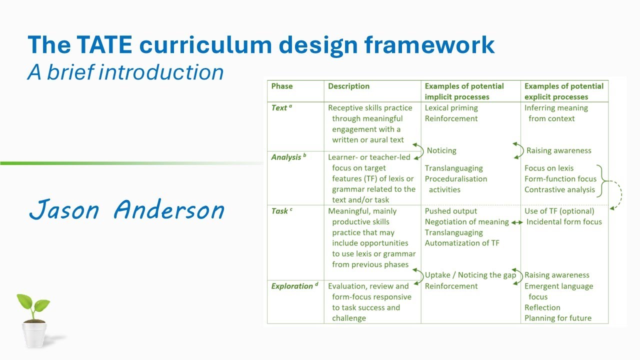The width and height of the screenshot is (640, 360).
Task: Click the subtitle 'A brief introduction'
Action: click(x=125, y=72)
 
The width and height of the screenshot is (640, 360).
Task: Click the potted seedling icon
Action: click(x=34, y=320)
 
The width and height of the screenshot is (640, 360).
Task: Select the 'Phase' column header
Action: click(x=282, y=86)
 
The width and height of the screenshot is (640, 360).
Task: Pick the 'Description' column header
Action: click(x=348, y=86)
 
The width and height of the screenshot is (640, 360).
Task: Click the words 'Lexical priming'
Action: click(x=451, y=108)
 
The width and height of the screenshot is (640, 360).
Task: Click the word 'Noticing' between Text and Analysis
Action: click(x=441, y=150)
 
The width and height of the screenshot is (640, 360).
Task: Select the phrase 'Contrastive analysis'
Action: click(x=559, y=189)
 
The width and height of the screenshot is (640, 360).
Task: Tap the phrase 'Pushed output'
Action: click(x=451, y=211)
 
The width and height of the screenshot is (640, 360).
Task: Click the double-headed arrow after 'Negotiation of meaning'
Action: click(x=517, y=222)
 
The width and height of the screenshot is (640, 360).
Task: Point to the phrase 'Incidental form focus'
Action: click(x=564, y=222)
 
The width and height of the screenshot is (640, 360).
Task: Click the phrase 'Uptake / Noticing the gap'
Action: click(x=470, y=275)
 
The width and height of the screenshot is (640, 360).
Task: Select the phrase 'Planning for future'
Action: click(x=557, y=318)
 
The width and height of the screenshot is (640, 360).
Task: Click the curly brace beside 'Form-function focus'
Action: click(x=601, y=179)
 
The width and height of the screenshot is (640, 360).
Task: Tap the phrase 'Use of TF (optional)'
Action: click(x=559, y=211)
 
